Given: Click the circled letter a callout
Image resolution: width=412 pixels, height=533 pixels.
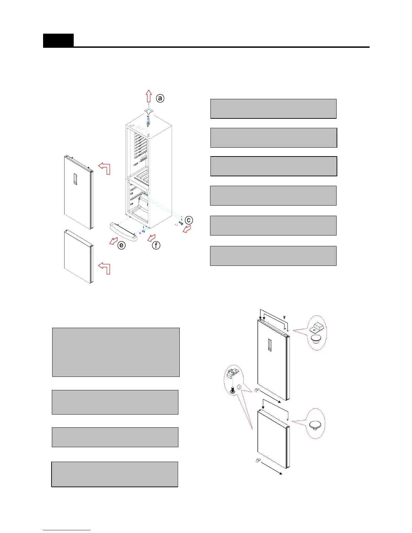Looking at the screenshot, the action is click(x=160, y=98).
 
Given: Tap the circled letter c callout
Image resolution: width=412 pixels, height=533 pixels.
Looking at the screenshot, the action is click(x=189, y=220).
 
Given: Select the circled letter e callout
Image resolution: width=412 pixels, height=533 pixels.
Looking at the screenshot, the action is click(x=122, y=245).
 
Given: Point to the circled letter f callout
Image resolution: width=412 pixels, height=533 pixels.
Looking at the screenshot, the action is click(x=156, y=245).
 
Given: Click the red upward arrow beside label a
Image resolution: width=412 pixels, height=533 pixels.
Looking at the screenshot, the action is click(x=149, y=96).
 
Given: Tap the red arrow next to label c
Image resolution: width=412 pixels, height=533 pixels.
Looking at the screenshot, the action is click(x=186, y=229).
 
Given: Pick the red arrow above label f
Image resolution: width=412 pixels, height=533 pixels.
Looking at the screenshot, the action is click(x=152, y=238).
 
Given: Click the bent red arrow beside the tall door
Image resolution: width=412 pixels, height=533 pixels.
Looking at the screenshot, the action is click(x=105, y=168).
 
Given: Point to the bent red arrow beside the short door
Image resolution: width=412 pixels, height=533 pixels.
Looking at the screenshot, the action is click(x=105, y=268).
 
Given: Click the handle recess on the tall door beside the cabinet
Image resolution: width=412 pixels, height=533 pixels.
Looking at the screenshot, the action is click(x=75, y=179).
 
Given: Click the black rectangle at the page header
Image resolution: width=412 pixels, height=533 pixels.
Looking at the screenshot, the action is click(x=58, y=40).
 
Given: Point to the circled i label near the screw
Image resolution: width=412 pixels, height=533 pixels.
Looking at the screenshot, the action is click(x=239, y=387).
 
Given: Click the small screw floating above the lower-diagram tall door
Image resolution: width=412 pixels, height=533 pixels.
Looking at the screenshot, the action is click(x=284, y=317).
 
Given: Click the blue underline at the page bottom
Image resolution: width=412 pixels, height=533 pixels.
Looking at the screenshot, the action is click(x=67, y=530).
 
